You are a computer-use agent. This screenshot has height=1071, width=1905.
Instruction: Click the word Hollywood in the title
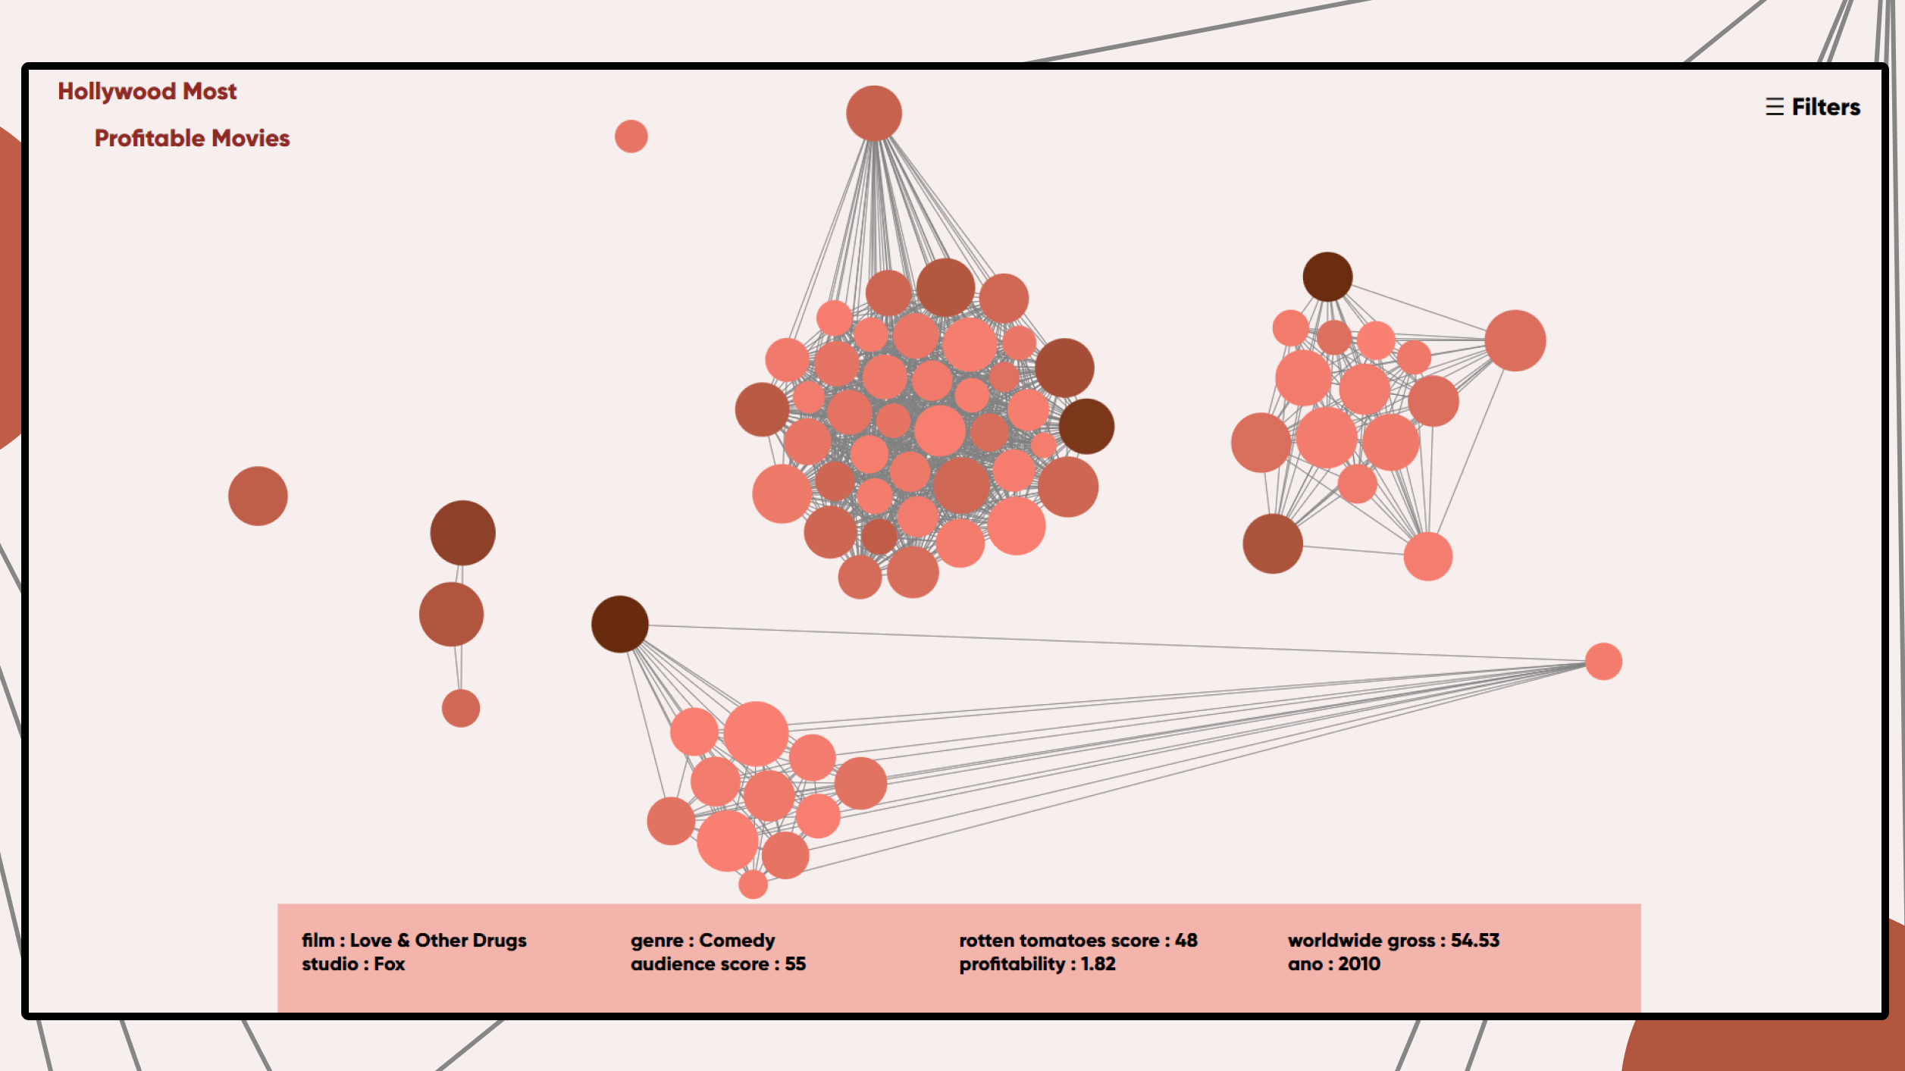[117, 92]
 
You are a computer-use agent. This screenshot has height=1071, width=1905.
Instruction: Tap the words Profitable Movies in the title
[192, 138]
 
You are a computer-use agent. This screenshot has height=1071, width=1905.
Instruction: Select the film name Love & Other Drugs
[437, 940]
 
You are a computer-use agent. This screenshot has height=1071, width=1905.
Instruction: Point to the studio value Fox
[390, 964]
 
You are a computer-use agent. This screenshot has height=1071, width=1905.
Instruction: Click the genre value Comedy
[737, 940]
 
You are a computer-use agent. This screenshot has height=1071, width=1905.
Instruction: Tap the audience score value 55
[795, 964]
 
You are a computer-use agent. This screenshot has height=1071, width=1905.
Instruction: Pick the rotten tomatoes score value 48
[1186, 940]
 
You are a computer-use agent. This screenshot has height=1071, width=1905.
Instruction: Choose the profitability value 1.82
[1098, 964]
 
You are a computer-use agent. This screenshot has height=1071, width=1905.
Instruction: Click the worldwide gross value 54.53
[1474, 940]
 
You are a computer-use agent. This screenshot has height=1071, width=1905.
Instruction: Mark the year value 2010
[1358, 964]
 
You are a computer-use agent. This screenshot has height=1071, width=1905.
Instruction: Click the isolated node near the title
[631, 136]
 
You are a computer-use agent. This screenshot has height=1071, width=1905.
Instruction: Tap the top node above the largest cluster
[873, 113]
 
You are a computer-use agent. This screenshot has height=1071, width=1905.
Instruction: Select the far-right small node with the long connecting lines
[1603, 662]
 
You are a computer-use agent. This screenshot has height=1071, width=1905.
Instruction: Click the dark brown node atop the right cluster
[1327, 277]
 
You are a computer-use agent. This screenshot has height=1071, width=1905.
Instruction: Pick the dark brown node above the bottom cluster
[619, 624]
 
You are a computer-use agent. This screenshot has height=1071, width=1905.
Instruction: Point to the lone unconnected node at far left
[258, 496]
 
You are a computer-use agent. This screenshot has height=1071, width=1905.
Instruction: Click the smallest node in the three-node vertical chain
[460, 709]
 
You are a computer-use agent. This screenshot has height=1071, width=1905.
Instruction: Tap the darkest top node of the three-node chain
[462, 533]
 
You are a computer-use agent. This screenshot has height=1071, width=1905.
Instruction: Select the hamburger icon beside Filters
[1774, 107]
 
